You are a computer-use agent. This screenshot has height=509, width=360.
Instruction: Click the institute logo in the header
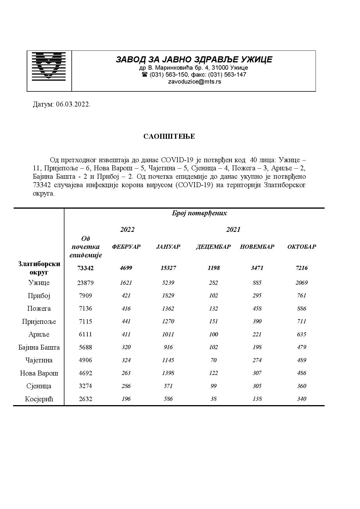pyautogui.click(x=49, y=66)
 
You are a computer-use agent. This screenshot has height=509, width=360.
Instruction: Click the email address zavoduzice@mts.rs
pyautogui.click(x=194, y=82)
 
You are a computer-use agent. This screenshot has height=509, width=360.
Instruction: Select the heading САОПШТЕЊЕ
pyautogui.click(x=169, y=136)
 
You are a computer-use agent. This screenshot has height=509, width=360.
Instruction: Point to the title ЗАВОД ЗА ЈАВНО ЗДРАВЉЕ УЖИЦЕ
pyautogui.click(x=194, y=59)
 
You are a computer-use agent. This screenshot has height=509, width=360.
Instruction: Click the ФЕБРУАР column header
pyautogui.click(x=126, y=247)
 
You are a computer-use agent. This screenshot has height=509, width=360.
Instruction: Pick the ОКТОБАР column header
pyautogui.click(x=302, y=247)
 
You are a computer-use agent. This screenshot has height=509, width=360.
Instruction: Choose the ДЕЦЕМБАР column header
pyautogui.click(x=213, y=247)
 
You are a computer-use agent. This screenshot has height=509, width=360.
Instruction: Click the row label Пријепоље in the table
pyautogui.click(x=39, y=322)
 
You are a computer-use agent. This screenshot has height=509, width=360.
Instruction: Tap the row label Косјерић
pyautogui.click(x=39, y=399)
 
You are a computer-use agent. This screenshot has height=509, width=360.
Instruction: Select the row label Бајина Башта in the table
pyautogui.click(x=39, y=347)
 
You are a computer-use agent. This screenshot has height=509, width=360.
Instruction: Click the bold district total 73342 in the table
pyautogui.click(x=85, y=268)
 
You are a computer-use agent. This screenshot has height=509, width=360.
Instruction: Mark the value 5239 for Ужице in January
pyautogui.click(x=168, y=283)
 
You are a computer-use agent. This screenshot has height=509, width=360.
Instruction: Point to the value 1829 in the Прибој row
pyautogui.click(x=168, y=295)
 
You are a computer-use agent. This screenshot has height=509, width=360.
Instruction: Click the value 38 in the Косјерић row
pyautogui.click(x=213, y=399)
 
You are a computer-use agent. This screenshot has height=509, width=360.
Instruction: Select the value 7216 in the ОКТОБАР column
pyautogui.click(x=302, y=268)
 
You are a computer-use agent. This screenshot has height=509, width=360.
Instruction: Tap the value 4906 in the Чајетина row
pyautogui.click(x=85, y=360)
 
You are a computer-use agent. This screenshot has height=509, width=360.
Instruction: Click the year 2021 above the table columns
pyautogui.click(x=233, y=230)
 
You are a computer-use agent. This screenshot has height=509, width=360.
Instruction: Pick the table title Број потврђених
pyautogui.click(x=199, y=213)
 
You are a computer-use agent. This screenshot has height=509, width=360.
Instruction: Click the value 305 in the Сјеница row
pyautogui.click(x=257, y=386)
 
